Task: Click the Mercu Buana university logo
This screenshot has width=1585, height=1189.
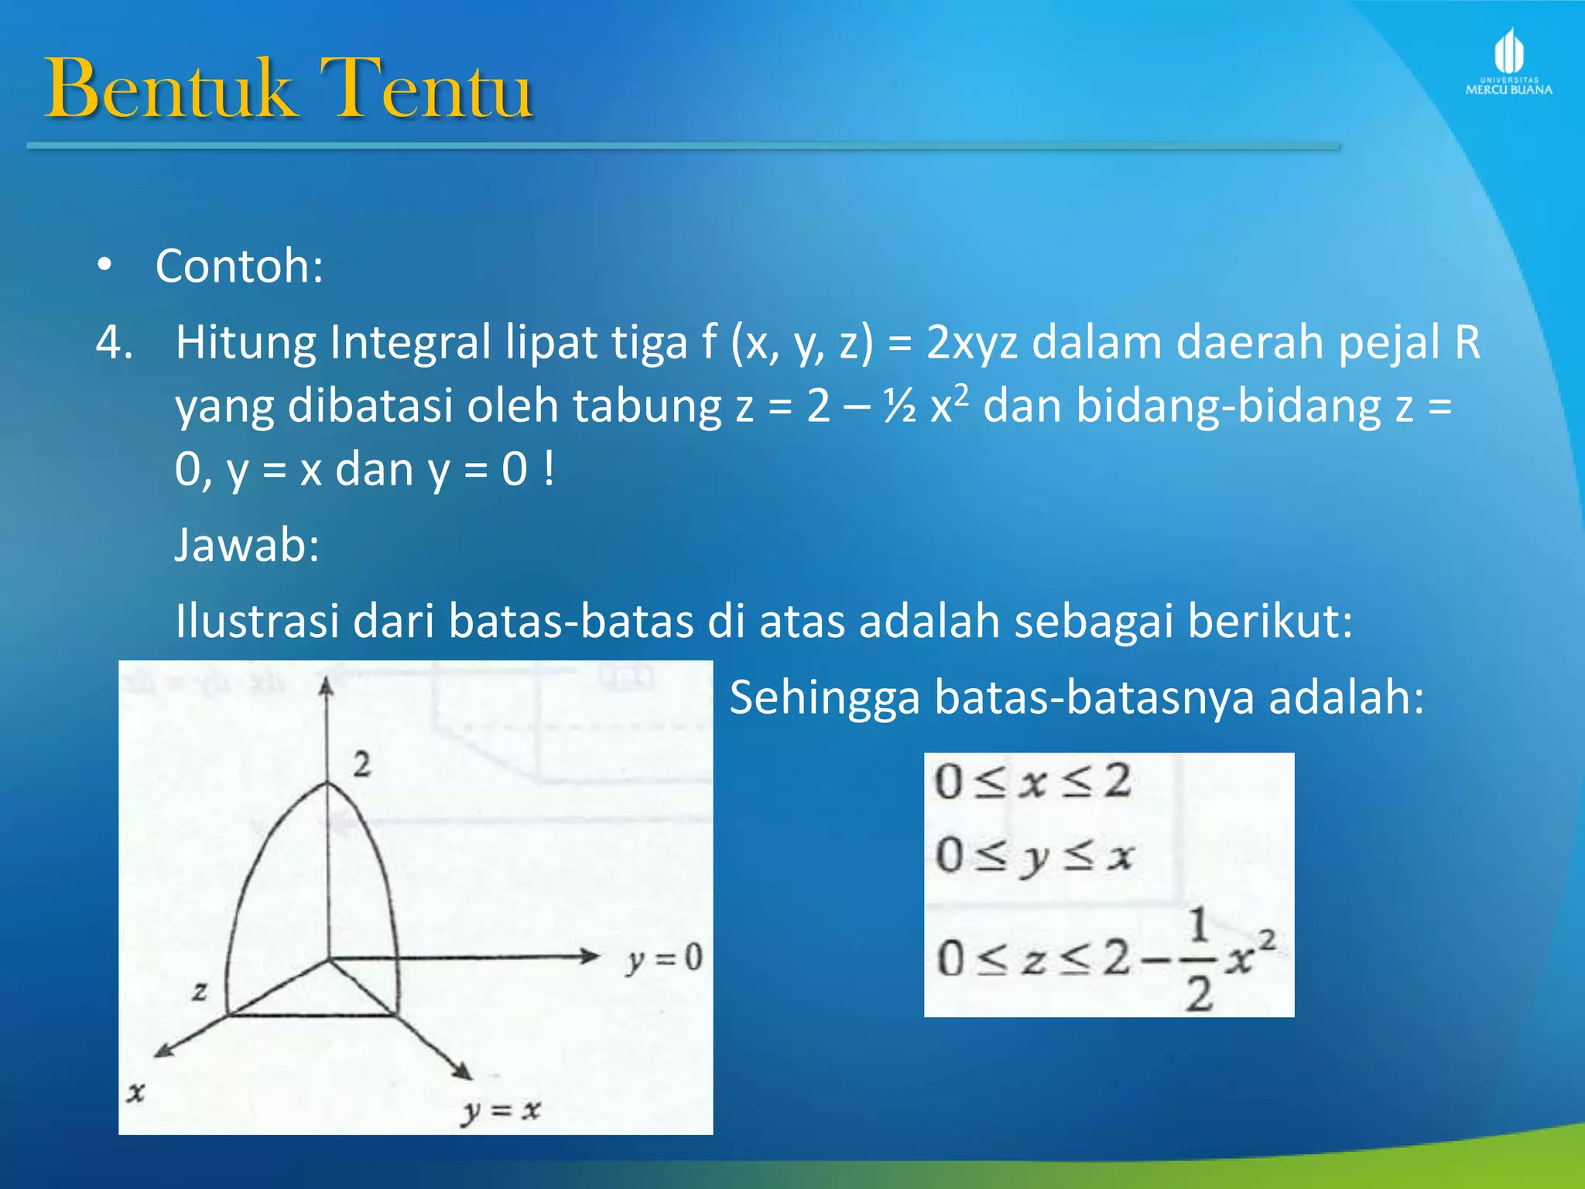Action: (1508, 62)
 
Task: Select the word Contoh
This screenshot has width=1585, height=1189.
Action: (238, 266)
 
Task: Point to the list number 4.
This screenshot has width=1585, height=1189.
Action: (115, 342)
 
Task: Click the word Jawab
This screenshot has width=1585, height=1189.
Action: (246, 545)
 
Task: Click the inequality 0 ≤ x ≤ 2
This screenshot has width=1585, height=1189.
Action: (1032, 782)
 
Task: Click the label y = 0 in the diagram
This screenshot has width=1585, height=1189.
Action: (664, 960)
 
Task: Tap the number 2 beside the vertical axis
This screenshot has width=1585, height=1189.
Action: (362, 765)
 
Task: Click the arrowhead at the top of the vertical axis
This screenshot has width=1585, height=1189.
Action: (327, 686)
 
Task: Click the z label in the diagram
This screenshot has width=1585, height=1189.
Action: (200, 991)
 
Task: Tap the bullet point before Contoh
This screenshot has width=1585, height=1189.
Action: (104, 266)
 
